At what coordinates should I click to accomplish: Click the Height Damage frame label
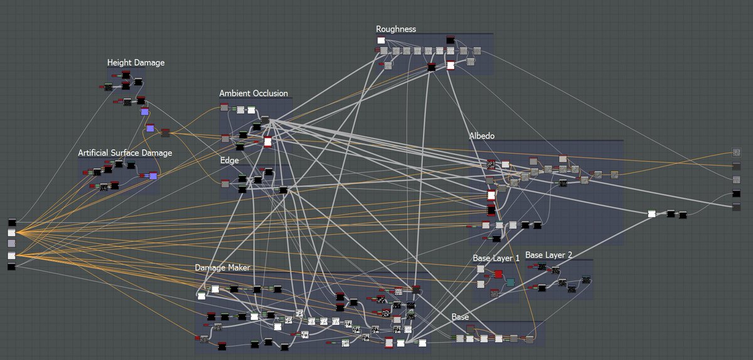136,63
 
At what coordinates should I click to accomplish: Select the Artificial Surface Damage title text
125,152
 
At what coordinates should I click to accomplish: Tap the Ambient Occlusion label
254,93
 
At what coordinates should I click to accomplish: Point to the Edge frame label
229,161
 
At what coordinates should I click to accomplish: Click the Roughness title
396,29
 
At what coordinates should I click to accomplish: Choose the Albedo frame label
482,135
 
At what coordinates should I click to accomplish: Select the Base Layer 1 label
496,258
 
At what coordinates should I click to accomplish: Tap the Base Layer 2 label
548,255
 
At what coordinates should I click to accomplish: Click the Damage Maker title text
222,268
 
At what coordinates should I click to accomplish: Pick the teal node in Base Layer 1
510,282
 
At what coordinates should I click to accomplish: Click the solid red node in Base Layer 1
498,274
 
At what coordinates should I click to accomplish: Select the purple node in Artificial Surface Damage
153,176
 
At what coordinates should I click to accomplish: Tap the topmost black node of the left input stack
11,222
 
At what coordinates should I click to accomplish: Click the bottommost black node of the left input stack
11,267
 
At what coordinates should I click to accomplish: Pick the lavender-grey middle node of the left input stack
11,243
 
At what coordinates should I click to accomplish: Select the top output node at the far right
737,152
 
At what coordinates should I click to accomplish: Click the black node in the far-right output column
737,193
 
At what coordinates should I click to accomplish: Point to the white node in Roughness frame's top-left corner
381,40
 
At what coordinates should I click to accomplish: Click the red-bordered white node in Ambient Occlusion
268,142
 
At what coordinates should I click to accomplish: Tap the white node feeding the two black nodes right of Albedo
651,214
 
